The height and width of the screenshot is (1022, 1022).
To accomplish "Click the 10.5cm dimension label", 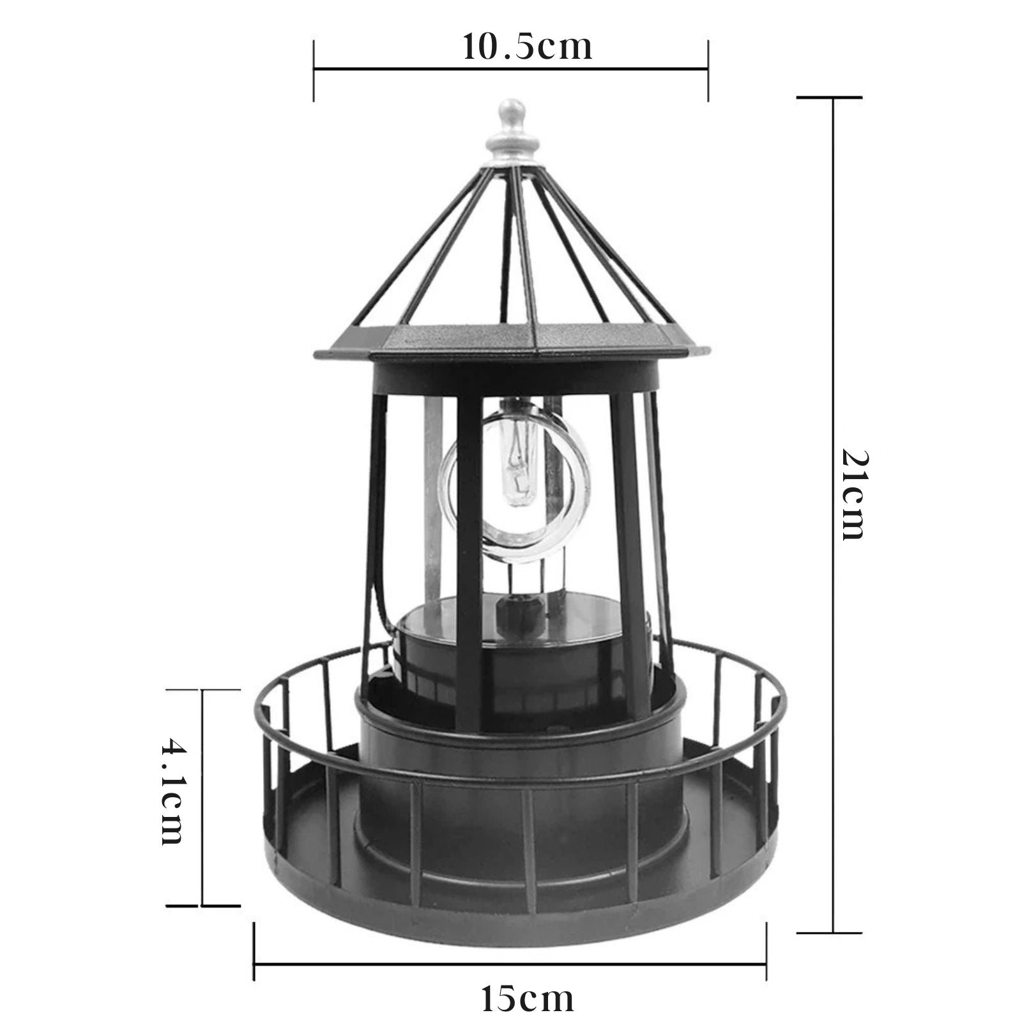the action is click(528, 47).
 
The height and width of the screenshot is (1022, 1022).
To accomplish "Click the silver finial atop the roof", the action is click(510, 132).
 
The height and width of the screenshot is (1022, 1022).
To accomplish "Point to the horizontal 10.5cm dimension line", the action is click(510, 68).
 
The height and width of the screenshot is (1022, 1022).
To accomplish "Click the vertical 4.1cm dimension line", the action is click(202, 797).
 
